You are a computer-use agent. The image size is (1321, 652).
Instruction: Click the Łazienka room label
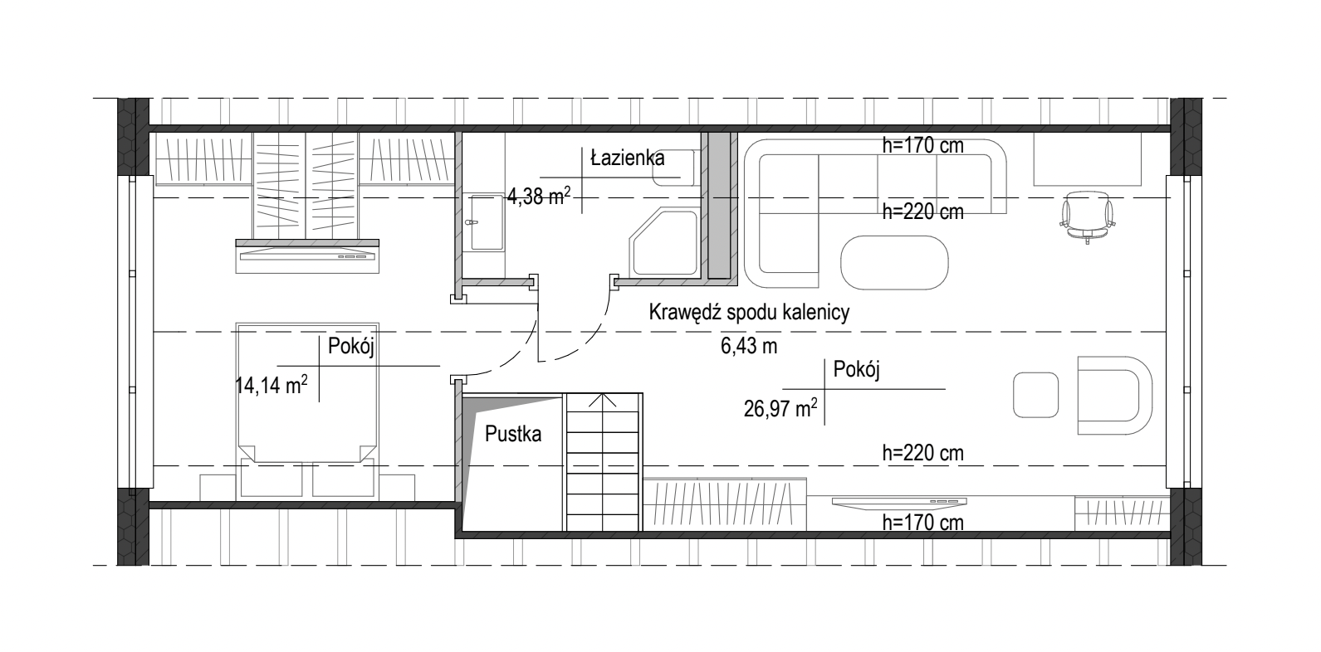click(x=628, y=158)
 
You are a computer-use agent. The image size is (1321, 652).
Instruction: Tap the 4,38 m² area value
click(x=539, y=196)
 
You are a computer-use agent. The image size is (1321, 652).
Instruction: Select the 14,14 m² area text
click(x=272, y=385)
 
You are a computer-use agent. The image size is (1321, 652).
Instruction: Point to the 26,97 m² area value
click(x=780, y=407)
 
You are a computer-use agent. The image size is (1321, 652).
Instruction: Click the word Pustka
click(x=513, y=434)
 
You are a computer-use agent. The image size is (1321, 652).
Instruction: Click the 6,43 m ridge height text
click(x=749, y=346)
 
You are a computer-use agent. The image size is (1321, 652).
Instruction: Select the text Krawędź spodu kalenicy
click(x=749, y=312)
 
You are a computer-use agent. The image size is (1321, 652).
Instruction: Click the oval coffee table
click(x=894, y=263)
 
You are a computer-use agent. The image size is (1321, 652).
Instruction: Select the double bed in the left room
click(x=307, y=393)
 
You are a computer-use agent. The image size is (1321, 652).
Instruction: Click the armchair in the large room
click(x=1114, y=395)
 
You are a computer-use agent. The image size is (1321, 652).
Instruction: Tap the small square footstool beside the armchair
click(x=1035, y=395)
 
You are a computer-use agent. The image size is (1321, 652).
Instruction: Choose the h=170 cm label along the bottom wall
click(x=923, y=523)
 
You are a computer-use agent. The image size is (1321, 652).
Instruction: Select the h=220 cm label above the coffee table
click(x=923, y=212)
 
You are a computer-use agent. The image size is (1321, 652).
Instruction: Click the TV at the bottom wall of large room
click(x=899, y=501)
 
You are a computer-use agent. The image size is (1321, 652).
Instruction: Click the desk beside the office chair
click(x=1087, y=158)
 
